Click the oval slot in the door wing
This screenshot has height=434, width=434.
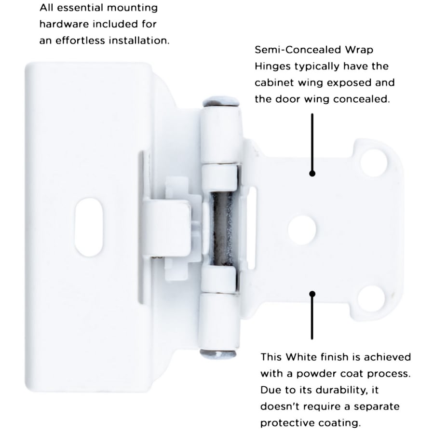tap(89, 227)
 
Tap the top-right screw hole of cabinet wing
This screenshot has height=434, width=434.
tap(374, 163)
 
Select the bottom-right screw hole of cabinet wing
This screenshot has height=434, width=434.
tap(371, 299)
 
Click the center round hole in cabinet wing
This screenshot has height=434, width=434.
tap(302, 230)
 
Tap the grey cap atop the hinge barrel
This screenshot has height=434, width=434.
tap(221, 101)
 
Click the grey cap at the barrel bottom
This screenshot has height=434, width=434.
tap(218, 354)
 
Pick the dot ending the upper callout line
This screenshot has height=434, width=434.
tap(312, 174)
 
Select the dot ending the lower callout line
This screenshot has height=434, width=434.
tap(312, 294)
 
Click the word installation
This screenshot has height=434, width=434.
tap(139, 41)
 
